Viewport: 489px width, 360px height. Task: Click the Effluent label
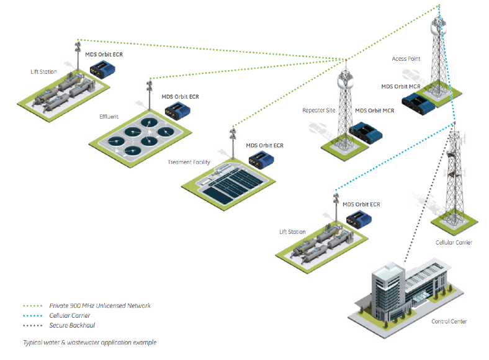click(x=109, y=117)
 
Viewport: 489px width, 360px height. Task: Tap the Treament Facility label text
click(x=189, y=162)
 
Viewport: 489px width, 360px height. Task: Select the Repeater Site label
click(x=318, y=110)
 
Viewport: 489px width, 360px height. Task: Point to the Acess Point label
click(x=406, y=59)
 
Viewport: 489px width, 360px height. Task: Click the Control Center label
click(x=449, y=321)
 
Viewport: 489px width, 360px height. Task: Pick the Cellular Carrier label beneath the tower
click(x=454, y=242)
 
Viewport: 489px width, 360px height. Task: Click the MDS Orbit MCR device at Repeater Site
click(x=365, y=132)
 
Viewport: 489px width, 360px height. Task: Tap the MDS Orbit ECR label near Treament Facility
click(x=264, y=145)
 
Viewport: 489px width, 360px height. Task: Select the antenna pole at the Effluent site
click(x=149, y=92)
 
